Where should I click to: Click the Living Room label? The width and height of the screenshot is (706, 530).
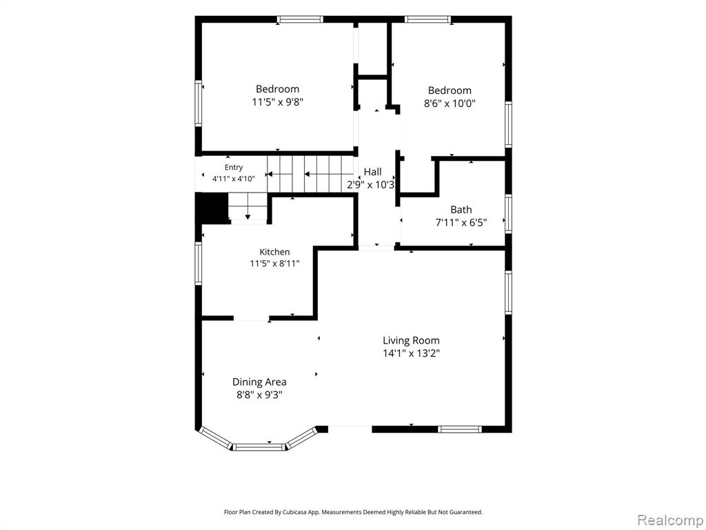click(x=411, y=340)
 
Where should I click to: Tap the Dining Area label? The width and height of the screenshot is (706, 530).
click(x=259, y=382)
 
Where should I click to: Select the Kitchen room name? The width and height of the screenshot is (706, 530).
click(x=274, y=252)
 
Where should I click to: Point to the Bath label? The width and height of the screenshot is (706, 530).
click(x=461, y=210)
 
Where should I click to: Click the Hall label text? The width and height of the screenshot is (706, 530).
click(x=373, y=172)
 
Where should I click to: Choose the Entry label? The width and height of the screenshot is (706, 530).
click(x=234, y=168)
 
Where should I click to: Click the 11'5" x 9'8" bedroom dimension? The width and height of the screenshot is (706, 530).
click(x=277, y=102)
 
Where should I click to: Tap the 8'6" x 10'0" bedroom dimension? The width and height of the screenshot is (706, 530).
click(x=450, y=104)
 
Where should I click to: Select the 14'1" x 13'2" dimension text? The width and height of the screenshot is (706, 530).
click(x=411, y=353)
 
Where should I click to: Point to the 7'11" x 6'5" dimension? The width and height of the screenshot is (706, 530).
click(x=461, y=222)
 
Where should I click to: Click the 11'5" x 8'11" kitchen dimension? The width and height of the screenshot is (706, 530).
click(x=274, y=264)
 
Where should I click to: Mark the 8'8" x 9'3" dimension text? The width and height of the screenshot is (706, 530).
click(x=259, y=395)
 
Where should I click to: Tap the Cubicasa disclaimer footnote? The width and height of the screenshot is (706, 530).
click(x=354, y=512)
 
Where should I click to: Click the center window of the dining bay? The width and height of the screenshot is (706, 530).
click(x=260, y=447)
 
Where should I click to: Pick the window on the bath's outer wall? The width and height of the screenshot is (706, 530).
click(x=508, y=214)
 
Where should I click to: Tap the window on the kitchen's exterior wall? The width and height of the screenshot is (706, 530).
click(x=199, y=264)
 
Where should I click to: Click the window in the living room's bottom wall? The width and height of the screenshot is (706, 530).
click(x=460, y=429)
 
